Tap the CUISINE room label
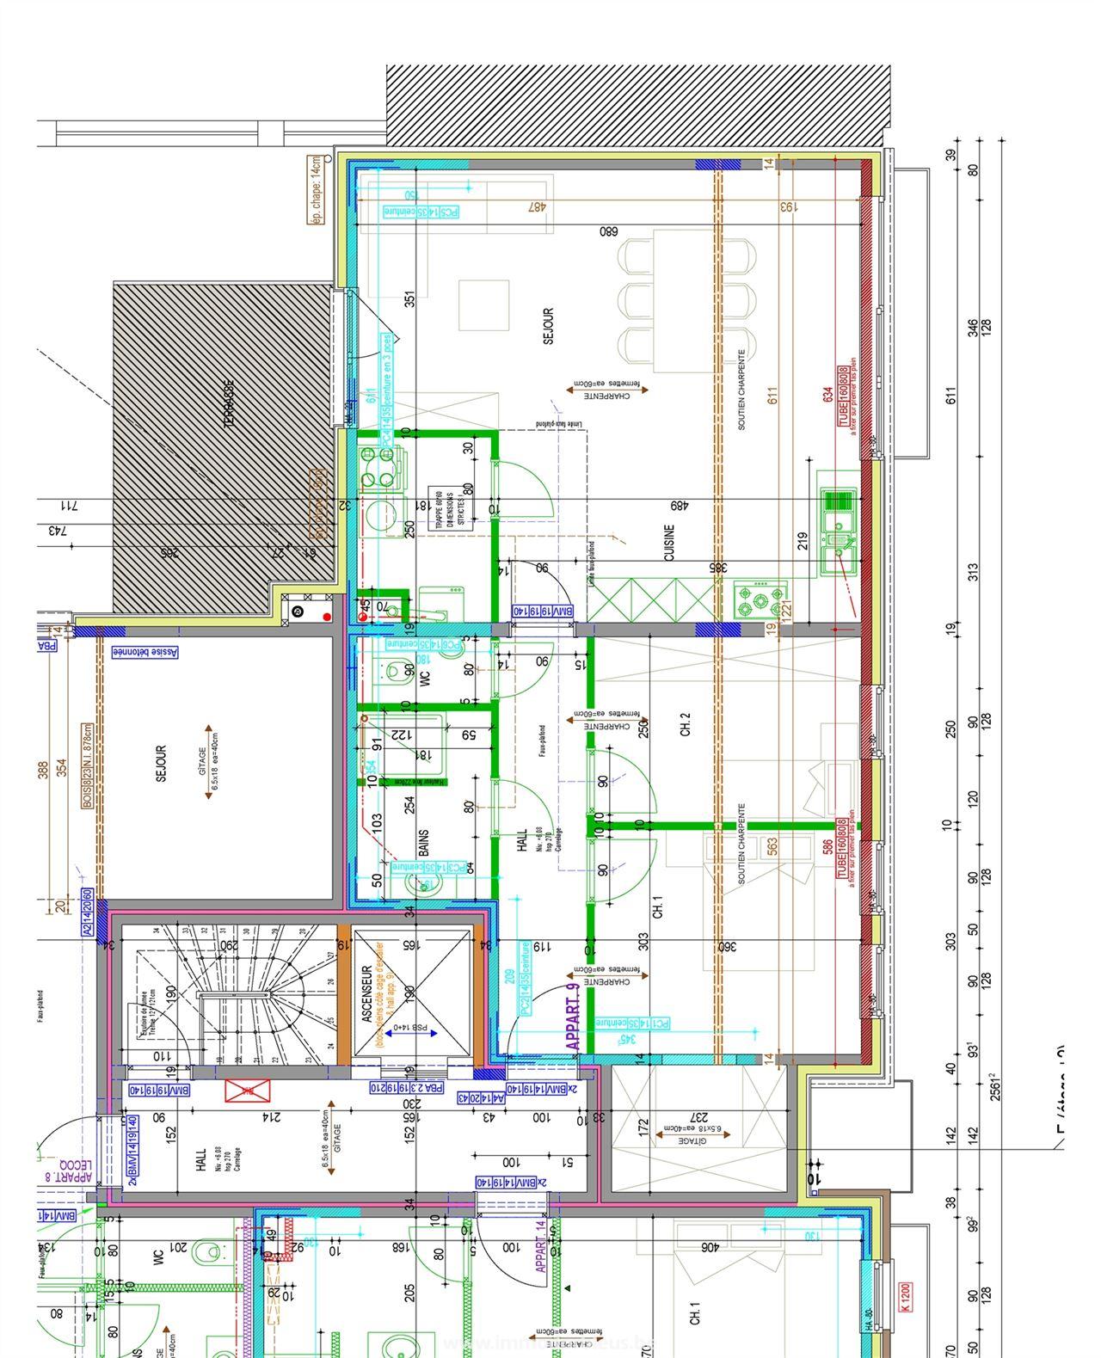coord(669,543)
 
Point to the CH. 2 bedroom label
coord(686,725)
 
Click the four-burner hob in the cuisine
coord(760,597)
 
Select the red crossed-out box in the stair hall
coord(243,1091)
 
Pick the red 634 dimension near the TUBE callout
coord(827,394)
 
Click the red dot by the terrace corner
coord(327,617)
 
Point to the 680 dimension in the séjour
coord(609,231)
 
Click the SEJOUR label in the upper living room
coord(549,327)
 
